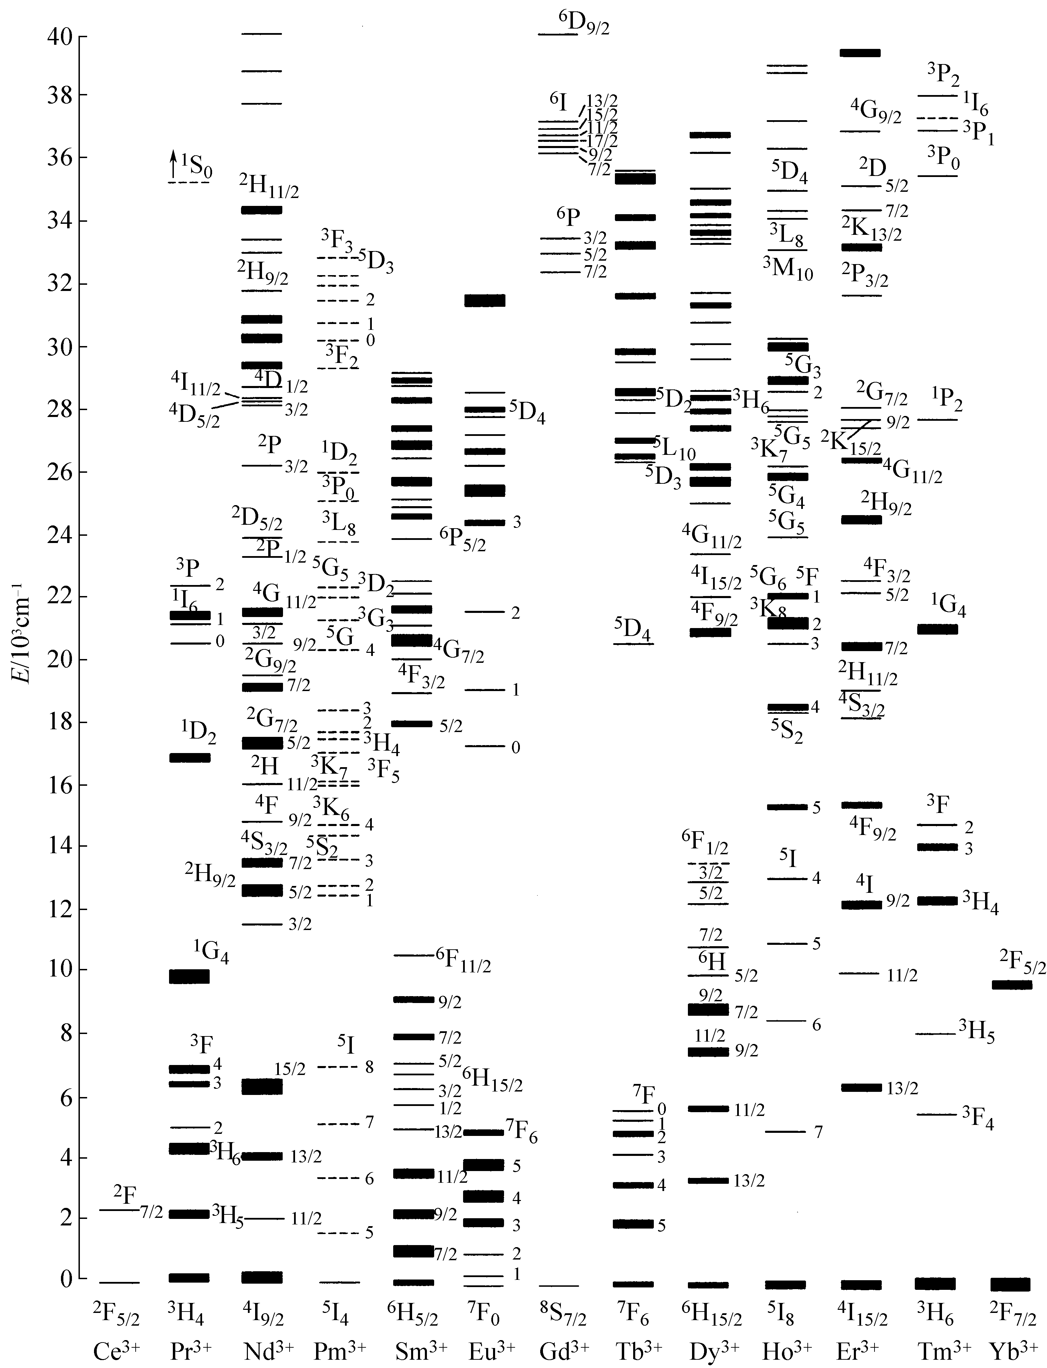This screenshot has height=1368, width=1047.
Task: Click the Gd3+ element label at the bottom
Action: pyautogui.click(x=564, y=1350)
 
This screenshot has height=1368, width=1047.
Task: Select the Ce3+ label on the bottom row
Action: pyautogui.click(x=116, y=1350)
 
